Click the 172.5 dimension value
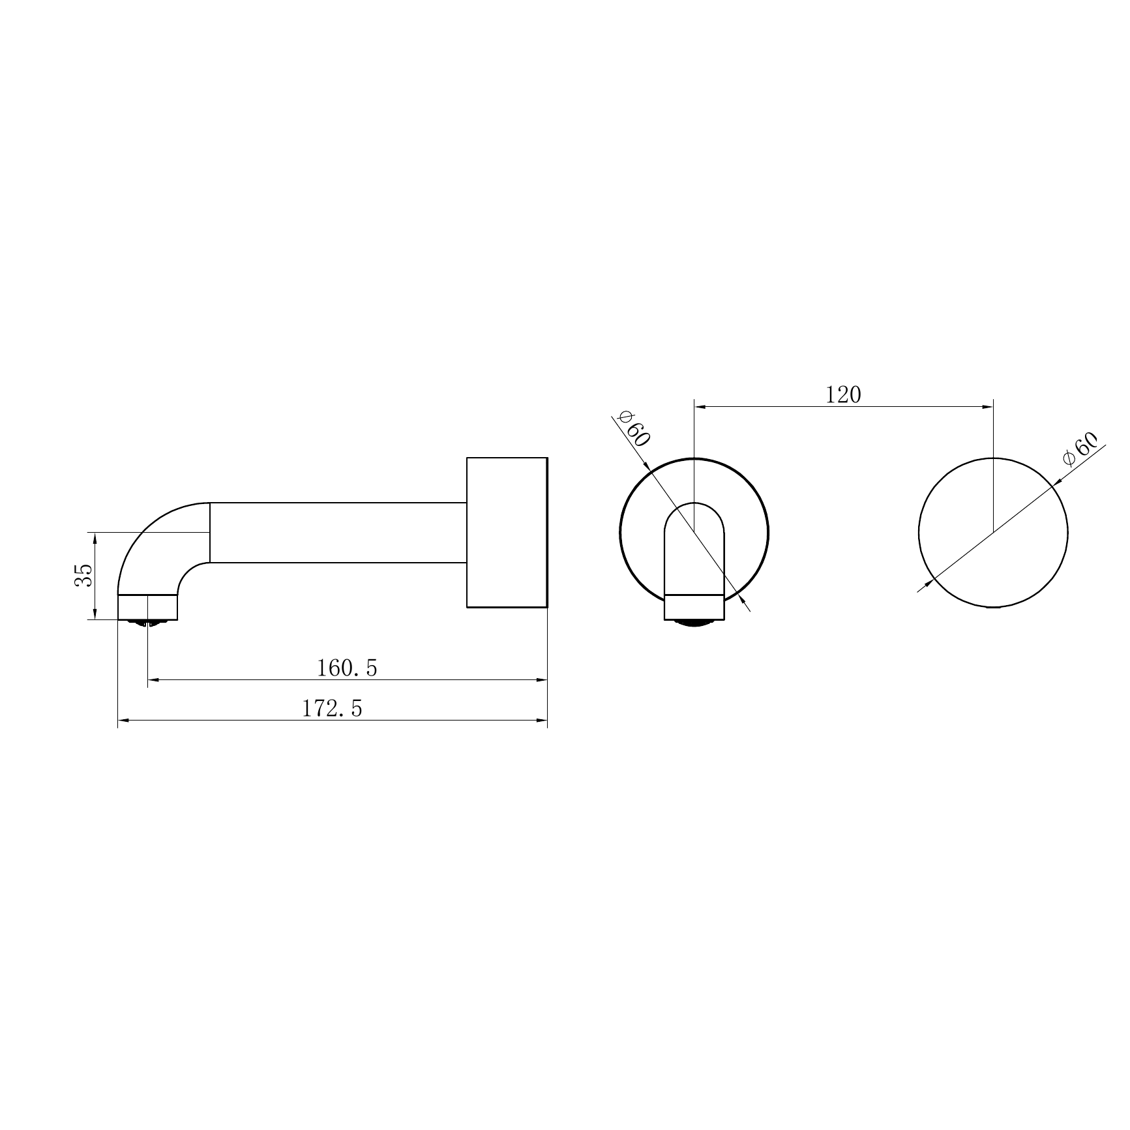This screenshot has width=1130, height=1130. click(332, 708)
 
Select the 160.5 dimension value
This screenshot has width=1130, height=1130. click(347, 668)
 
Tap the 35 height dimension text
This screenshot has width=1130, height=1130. click(83, 576)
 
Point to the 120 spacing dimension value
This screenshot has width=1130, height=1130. click(843, 394)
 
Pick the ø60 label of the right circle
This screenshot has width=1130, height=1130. click(1080, 449)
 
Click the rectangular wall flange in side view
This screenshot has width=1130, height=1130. click(507, 532)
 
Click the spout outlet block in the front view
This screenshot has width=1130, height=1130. click(694, 607)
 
